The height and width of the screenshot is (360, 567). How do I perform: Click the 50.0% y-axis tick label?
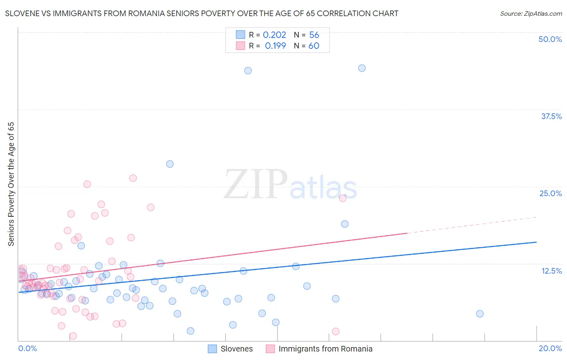(x=550, y=39)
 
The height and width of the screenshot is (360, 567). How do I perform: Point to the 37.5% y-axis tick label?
(x=551, y=116)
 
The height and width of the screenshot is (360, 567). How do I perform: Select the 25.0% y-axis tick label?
(x=550, y=193)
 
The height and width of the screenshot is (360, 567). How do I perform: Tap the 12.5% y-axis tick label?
(x=551, y=271)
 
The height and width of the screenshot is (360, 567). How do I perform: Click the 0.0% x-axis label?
(x=27, y=348)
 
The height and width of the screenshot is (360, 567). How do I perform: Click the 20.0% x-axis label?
(x=550, y=348)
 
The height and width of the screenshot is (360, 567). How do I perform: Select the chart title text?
(x=202, y=13)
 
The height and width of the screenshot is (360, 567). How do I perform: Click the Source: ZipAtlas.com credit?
(x=531, y=13)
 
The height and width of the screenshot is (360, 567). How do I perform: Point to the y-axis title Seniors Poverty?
(x=11, y=184)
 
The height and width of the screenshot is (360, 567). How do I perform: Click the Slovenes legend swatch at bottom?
(x=213, y=349)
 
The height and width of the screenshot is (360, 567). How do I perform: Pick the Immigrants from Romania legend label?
(x=325, y=349)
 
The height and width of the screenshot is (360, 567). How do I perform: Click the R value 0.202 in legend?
(x=274, y=35)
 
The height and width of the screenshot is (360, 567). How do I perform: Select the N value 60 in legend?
(x=314, y=46)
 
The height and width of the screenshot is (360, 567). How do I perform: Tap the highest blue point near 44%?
(x=362, y=68)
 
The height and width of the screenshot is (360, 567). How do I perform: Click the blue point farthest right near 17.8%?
(x=479, y=314)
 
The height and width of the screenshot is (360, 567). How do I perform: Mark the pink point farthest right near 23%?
(x=343, y=198)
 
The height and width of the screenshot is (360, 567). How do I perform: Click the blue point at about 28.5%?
(x=170, y=164)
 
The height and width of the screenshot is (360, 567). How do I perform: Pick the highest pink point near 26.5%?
(x=133, y=178)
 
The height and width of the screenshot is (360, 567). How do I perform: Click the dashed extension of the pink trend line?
(x=472, y=225)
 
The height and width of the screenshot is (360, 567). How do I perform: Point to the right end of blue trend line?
(x=536, y=242)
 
